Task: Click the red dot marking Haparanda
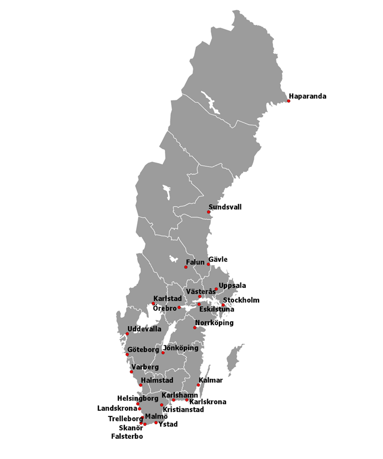coord(289,101)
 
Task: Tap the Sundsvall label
coord(225,207)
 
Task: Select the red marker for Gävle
coord(209,265)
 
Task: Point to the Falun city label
coord(195,262)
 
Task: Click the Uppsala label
coord(232,286)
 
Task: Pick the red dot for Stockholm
coord(223,305)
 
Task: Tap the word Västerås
coord(201,292)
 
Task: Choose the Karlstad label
coord(168,299)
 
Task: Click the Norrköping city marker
coord(195,327)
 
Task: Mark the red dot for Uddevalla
coord(127,334)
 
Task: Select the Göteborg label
coord(143,351)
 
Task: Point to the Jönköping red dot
coord(163,353)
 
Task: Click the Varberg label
coord(145,367)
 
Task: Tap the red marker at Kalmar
coord(198,385)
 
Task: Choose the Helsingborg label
coord(138,398)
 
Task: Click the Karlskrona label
coord(207,402)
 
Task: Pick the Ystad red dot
coord(156,423)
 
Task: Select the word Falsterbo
coord(127,437)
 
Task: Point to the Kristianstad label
coord(184,410)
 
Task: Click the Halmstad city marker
coord(140,385)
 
